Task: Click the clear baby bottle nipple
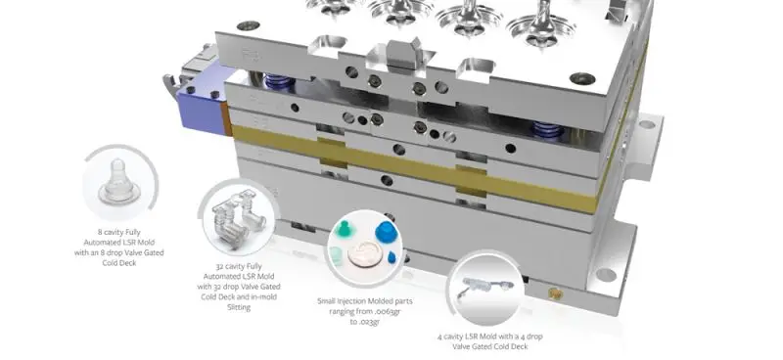click(x=118, y=182)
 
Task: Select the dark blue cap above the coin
click(x=387, y=232)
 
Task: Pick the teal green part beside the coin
click(x=343, y=230)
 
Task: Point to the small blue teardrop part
click(x=392, y=257)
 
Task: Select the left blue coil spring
click(x=276, y=81)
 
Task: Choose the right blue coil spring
click(x=547, y=129)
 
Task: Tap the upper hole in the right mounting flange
click(x=647, y=124)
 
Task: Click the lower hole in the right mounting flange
click(x=605, y=274)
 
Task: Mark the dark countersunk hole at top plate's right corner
click(x=582, y=78)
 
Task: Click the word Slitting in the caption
click(x=239, y=307)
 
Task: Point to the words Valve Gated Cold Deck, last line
click(x=490, y=346)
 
